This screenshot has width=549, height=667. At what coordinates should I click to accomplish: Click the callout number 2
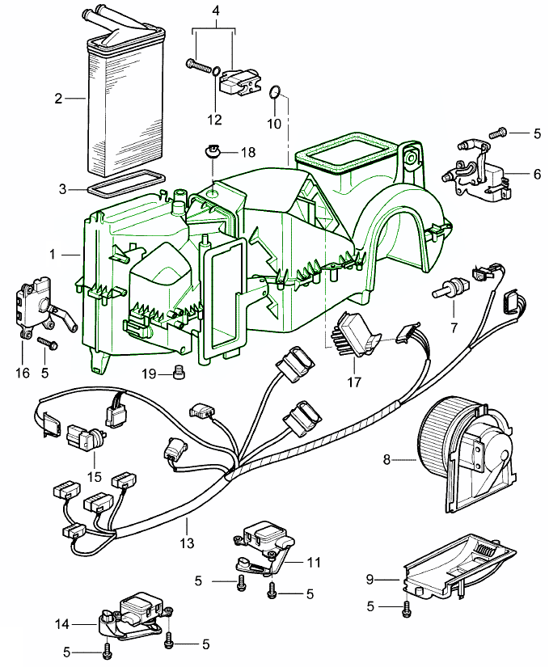[x=58, y=99]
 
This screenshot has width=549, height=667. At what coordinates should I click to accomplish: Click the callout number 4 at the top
[x=215, y=11]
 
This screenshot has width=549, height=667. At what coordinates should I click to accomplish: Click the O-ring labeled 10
[x=276, y=93]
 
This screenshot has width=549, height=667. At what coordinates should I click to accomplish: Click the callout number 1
[x=52, y=254]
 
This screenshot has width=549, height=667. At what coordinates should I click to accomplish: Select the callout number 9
[x=371, y=579]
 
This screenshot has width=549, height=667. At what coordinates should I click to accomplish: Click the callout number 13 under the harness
[x=188, y=543]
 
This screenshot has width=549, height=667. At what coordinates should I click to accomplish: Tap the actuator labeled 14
[x=133, y=613]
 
